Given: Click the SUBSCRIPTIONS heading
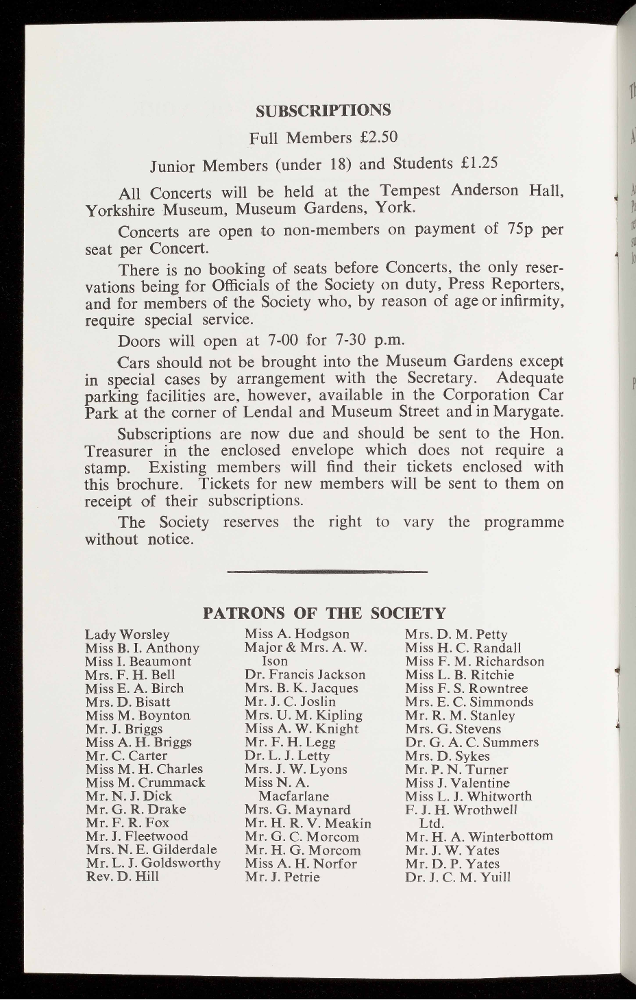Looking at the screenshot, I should (x=323, y=110).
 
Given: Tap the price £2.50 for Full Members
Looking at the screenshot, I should (x=378, y=138).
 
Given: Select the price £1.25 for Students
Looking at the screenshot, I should (x=478, y=164).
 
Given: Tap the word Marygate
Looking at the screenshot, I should (x=530, y=412).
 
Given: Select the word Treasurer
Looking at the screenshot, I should (x=116, y=450).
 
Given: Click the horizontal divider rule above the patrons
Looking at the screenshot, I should (x=327, y=571).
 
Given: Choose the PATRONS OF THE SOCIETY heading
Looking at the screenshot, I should (x=325, y=612).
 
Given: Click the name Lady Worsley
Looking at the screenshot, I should (x=127, y=635).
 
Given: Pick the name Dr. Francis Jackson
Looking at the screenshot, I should (x=305, y=675).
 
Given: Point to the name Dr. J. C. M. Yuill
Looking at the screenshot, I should (x=458, y=877).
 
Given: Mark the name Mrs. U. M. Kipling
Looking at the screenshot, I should (x=303, y=715).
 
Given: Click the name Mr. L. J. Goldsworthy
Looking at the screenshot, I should (x=153, y=863).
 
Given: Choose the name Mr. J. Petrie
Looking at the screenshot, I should (x=282, y=877).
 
